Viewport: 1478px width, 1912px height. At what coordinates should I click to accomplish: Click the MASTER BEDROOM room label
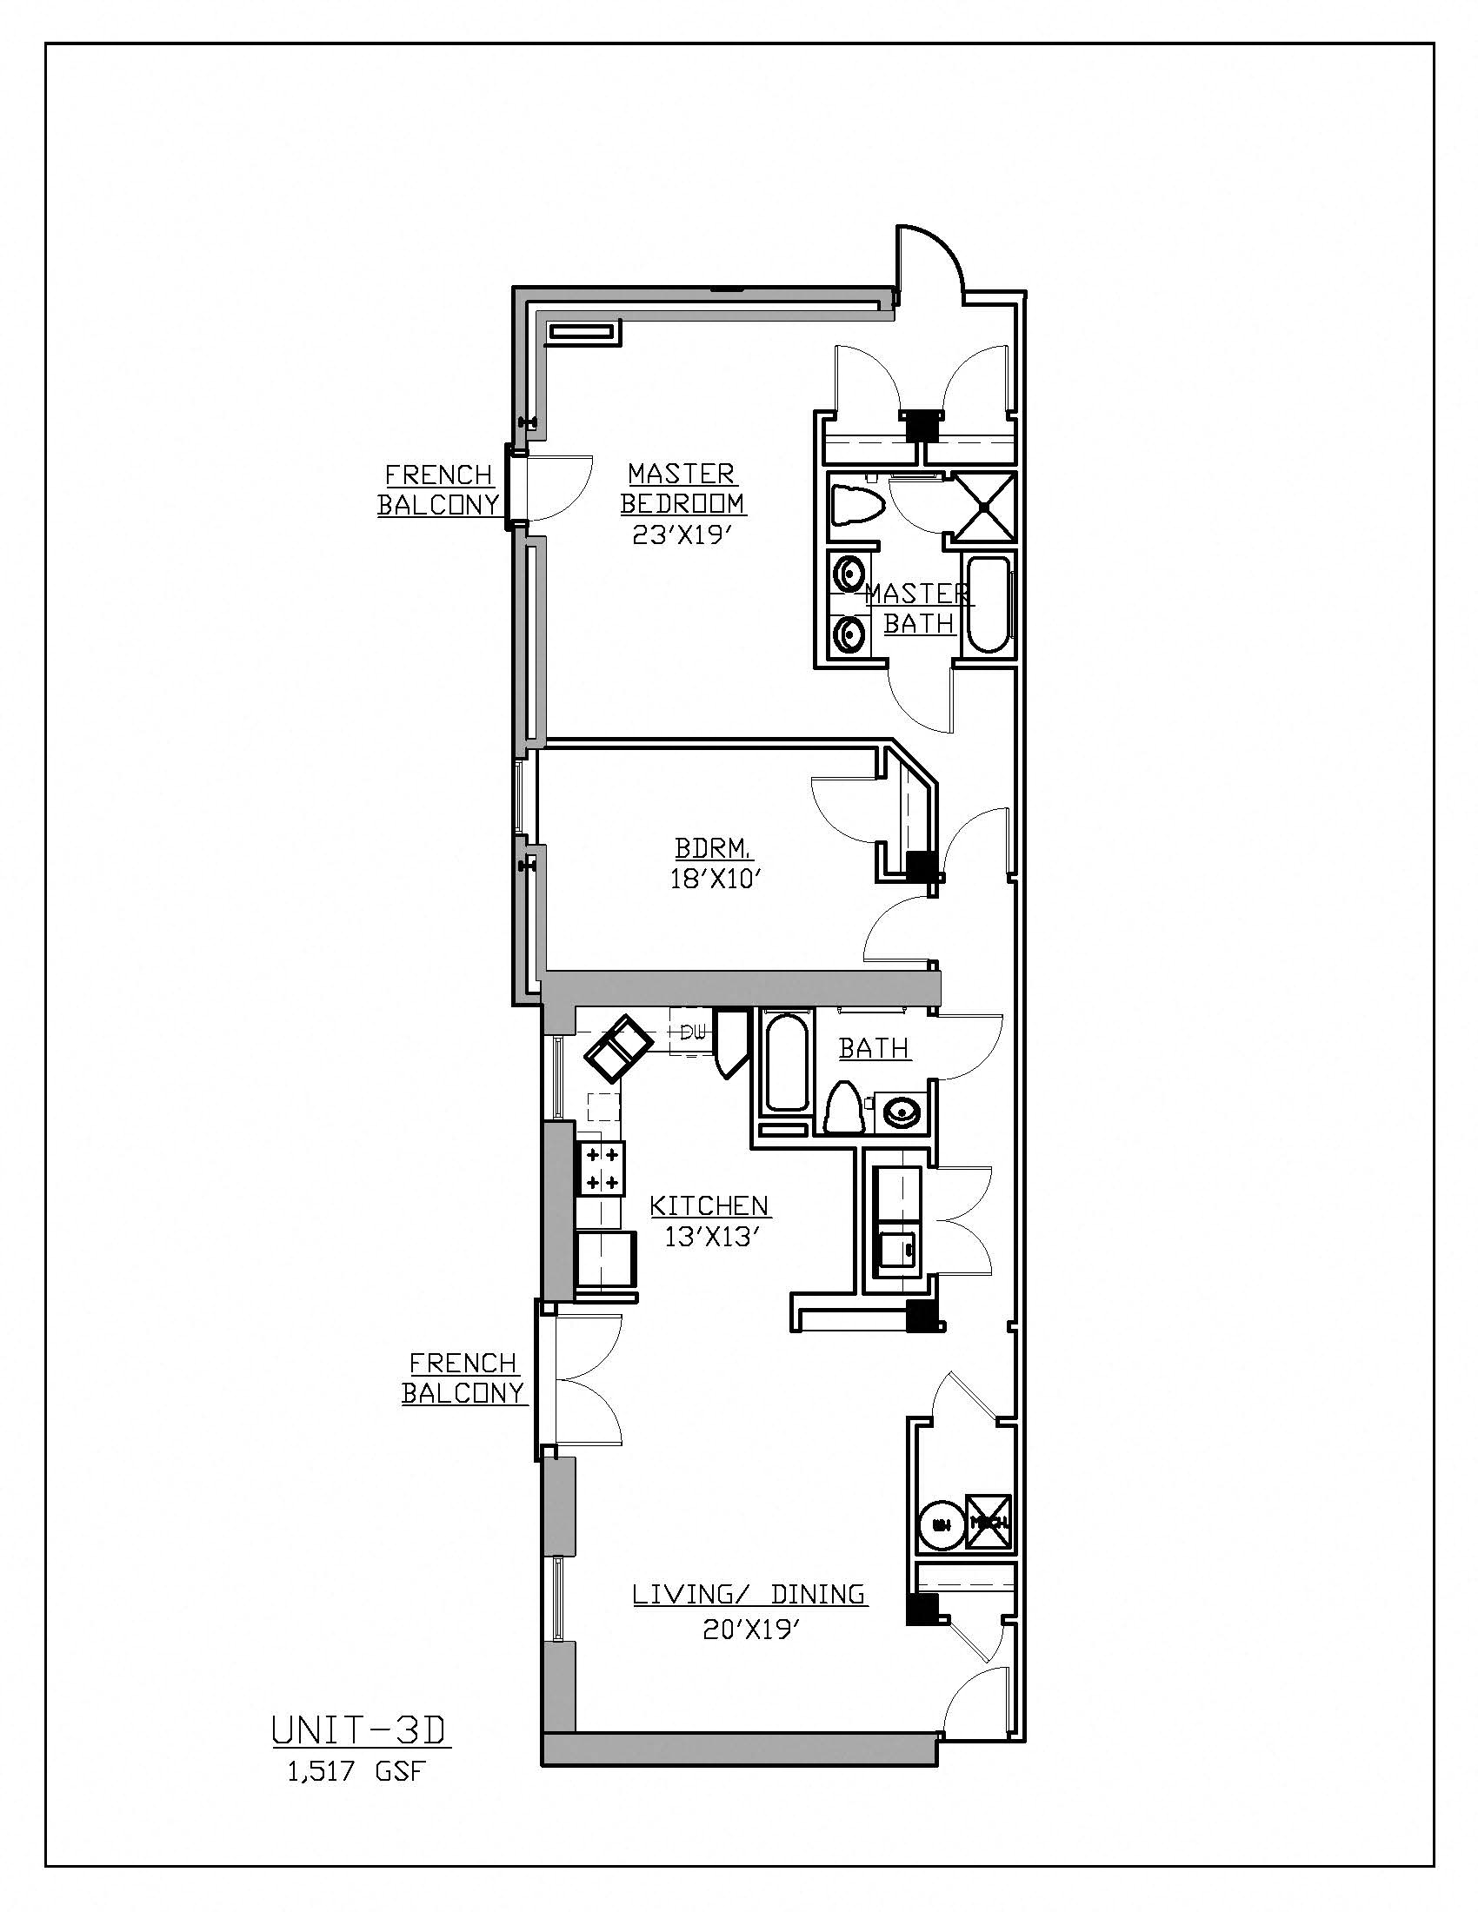(682, 488)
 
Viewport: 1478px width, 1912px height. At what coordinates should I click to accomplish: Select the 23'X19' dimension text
(682, 534)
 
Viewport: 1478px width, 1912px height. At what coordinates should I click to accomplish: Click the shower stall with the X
(984, 507)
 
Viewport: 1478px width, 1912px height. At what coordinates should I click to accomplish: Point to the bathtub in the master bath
(989, 605)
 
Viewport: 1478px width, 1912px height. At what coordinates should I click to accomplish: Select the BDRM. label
(711, 847)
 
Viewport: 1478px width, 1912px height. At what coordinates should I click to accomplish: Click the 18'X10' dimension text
(712, 879)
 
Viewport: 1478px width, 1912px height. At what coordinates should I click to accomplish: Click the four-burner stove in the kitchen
(602, 1168)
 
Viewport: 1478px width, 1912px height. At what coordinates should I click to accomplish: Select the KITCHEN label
(709, 1205)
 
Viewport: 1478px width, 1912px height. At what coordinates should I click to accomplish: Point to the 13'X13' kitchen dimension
(709, 1237)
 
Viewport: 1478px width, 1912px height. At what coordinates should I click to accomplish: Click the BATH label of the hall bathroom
(874, 1047)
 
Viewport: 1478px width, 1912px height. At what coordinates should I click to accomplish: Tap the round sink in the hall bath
(900, 1112)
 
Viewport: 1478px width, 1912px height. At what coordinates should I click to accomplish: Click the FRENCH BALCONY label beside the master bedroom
(439, 489)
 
